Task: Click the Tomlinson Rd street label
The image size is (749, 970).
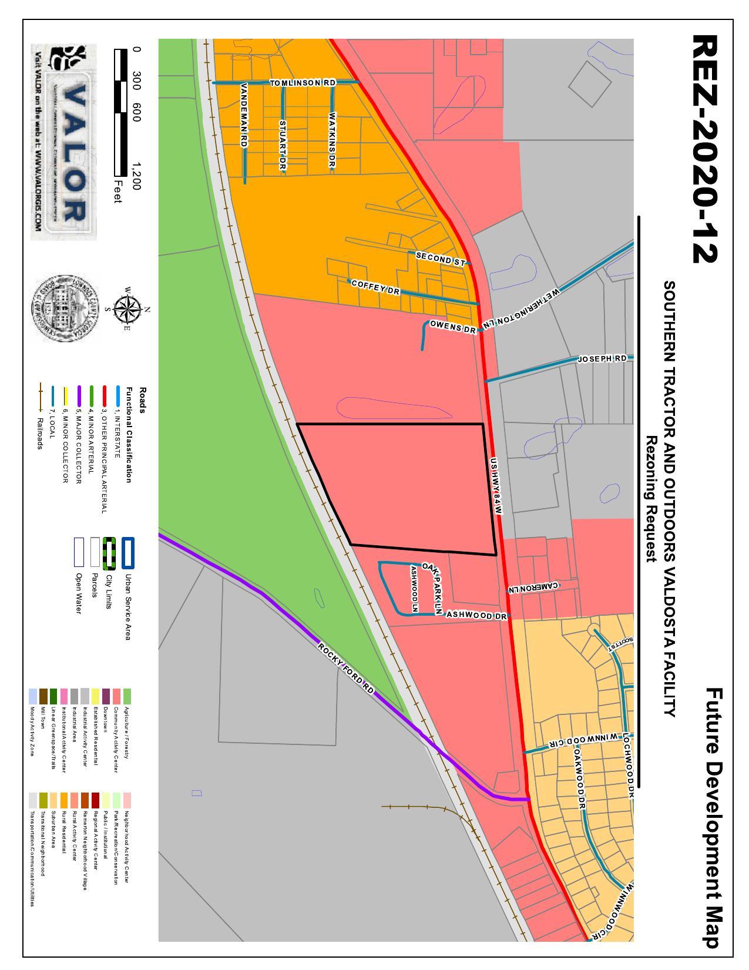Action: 303,83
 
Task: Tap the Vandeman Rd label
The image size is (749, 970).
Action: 244,115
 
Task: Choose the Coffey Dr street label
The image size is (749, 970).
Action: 375,287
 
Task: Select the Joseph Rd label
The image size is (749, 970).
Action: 602,358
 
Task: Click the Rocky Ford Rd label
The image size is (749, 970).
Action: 345,667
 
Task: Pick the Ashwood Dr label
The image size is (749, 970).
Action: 476,615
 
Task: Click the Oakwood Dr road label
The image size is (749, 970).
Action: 580,778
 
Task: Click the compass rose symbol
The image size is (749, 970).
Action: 125,309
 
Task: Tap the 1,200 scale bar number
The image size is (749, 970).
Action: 137,176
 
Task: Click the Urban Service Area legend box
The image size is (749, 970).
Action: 128,553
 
